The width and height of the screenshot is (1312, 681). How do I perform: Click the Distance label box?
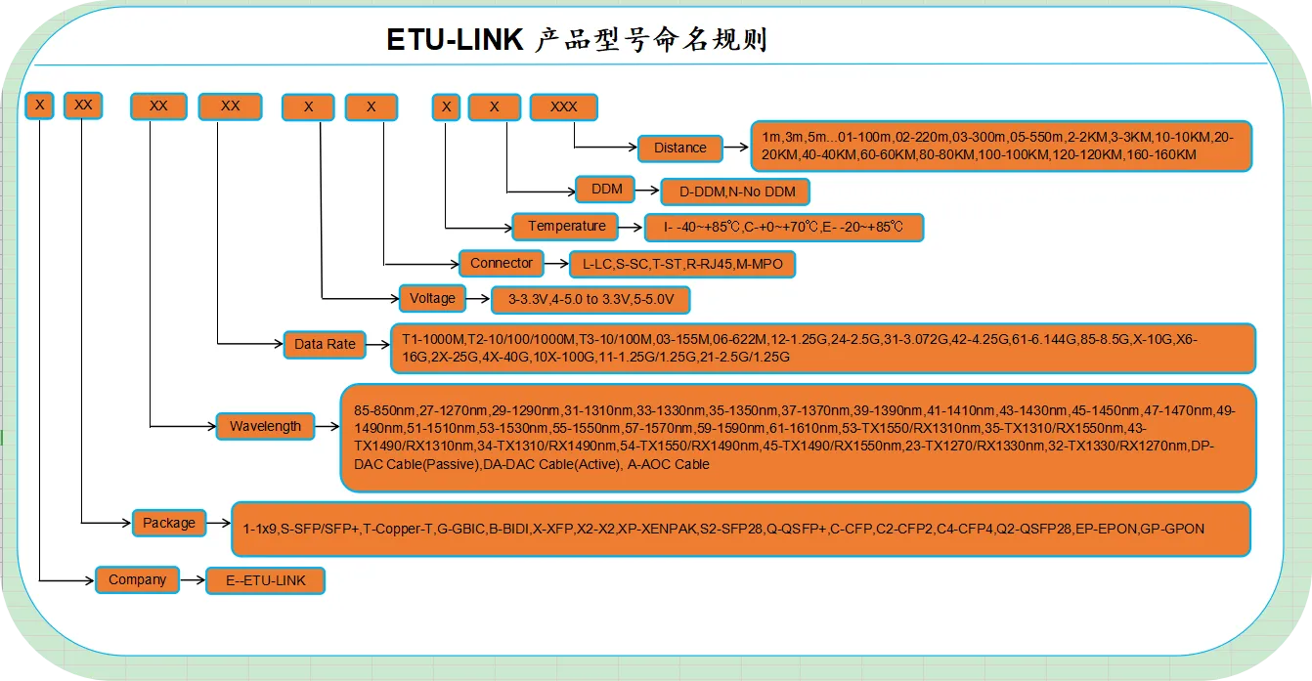tap(679, 149)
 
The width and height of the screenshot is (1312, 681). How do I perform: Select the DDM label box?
tap(606, 190)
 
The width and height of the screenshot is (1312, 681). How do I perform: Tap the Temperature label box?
tap(567, 227)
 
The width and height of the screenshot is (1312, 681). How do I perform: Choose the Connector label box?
tap(501, 263)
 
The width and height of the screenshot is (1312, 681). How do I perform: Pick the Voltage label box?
tap(432, 298)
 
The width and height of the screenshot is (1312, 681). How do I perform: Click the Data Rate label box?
tap(325, 344)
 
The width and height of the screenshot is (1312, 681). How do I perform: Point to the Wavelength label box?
tap(265, 426)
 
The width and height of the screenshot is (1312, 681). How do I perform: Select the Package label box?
tap(169, 523)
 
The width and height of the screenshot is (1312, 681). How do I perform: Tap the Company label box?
tap(137, 579)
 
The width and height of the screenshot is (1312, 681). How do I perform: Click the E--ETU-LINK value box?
tap(265, 580)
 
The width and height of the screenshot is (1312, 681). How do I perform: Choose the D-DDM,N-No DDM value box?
tap(736, 192)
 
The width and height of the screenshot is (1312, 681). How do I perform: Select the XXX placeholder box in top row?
tap(563, 106)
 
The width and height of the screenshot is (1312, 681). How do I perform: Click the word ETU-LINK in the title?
tap(456, 41)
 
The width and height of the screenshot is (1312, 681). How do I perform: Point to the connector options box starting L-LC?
tap(682, 264)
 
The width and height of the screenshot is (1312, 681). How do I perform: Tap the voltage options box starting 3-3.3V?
tap(590, 299)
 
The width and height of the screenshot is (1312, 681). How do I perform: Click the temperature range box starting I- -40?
tap(784, 228)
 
